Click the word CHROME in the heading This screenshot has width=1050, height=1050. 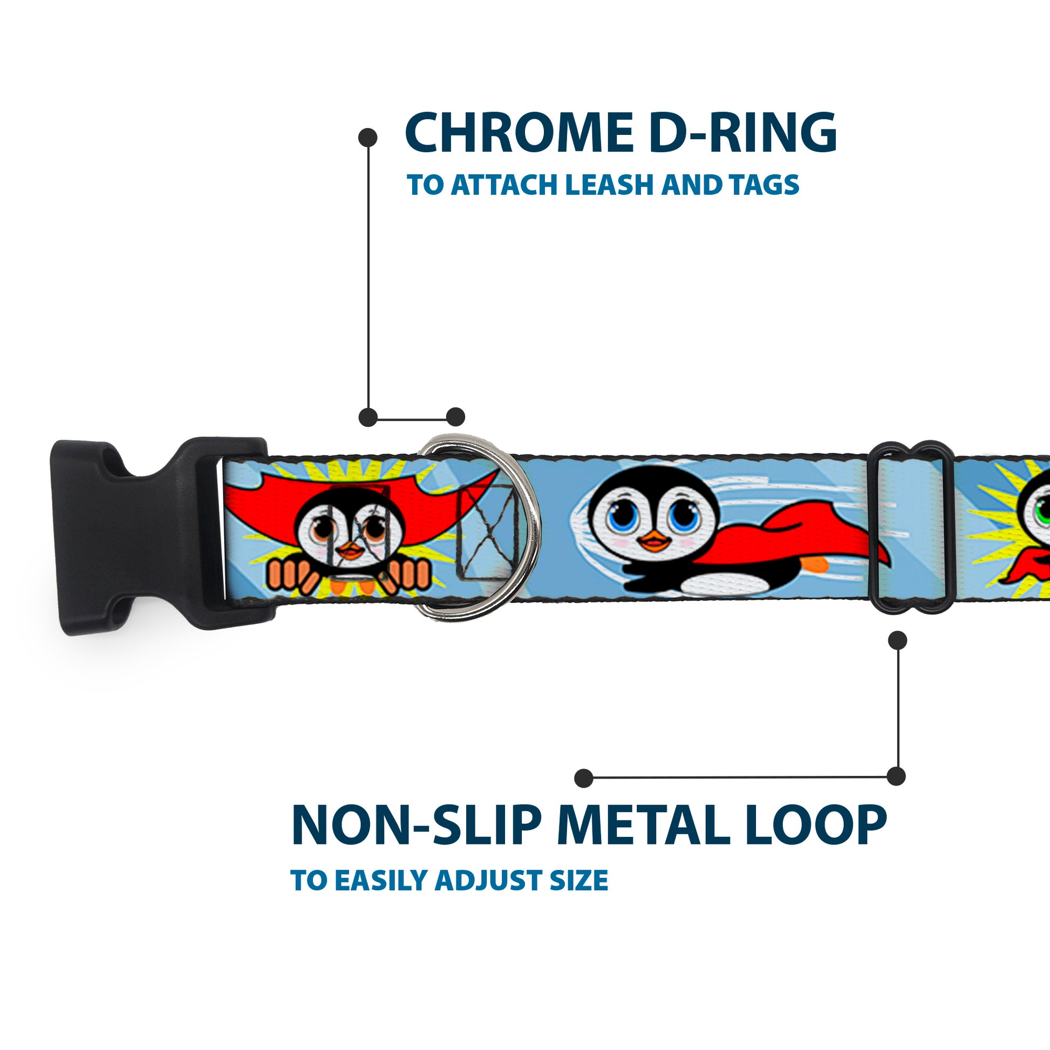coord(519,133)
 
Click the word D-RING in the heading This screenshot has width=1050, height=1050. coord(742,133)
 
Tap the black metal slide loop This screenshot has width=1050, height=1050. coord(913,533)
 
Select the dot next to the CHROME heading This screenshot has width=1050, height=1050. coord(368,138)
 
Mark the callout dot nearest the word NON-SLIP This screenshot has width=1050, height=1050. coord(584,778)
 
